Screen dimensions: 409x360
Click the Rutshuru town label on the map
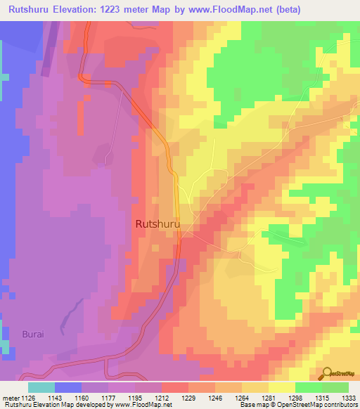(x=156, y=224)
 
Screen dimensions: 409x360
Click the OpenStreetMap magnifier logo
(x=327, y=373)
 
